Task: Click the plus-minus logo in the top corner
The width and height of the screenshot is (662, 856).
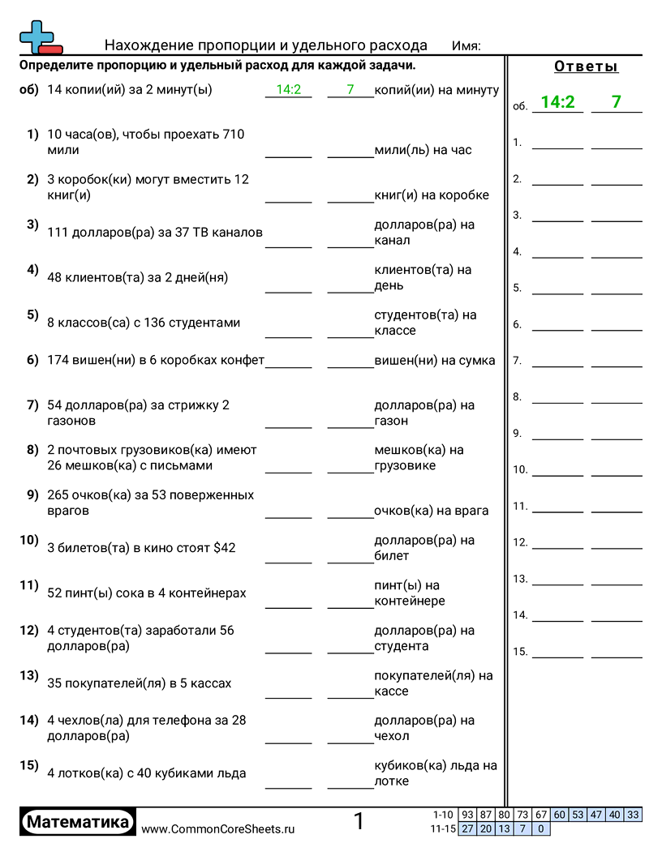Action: coord(40,36)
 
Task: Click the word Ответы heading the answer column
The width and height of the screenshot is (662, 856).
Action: coord(586,66)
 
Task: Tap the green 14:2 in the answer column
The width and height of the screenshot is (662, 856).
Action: coord(557,102)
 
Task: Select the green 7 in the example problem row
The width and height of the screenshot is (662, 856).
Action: coord(350,90)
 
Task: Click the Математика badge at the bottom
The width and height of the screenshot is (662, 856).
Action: coord(78,823)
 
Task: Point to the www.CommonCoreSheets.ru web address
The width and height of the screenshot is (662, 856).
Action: coord(218,829)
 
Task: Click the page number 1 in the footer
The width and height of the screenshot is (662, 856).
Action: coord(359,822)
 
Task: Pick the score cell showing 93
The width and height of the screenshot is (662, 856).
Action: coord(467,815)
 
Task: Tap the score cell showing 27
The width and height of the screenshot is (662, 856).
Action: coord(467,828)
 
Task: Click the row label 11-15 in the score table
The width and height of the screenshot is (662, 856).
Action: coord(444,828)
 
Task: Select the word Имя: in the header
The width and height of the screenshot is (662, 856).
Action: coord(466,46)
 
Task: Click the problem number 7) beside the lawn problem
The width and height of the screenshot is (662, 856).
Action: coord(32,404)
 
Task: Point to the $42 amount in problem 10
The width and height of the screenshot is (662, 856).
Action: coord(224,548)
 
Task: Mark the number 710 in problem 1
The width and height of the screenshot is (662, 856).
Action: coord(230,135)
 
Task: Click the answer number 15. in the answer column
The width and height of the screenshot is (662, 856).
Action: coord(520,652)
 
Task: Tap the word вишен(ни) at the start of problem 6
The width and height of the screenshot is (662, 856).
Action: coord(104,361)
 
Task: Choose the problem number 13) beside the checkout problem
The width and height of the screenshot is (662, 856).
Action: coord(29,675)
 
